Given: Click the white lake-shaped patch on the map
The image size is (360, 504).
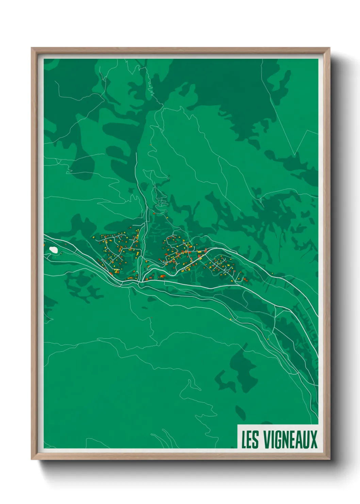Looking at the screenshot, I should pyautogui.click(x=53, y=250).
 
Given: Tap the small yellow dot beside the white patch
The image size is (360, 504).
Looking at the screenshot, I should pyautogui.click(x=61, y=253).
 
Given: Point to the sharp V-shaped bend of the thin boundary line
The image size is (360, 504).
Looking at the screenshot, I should pyautogui.click(x=295, y=155).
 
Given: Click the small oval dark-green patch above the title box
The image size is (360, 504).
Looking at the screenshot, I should pyautogui.click(x=240, y=412).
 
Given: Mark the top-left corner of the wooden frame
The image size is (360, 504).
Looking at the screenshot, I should pyautogui.click(x=32, y=48).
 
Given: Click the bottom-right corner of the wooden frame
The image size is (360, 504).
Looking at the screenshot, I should pyautogui.click(x=330, y=459).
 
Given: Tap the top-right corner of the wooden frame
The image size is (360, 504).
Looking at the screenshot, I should pyautogui.click(x=330, y=48).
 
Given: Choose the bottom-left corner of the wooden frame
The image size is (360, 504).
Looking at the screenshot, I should pyautogui.click(x=32, y=459).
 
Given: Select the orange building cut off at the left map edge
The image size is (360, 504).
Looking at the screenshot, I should pyautogui.click(x=44, y=244).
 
